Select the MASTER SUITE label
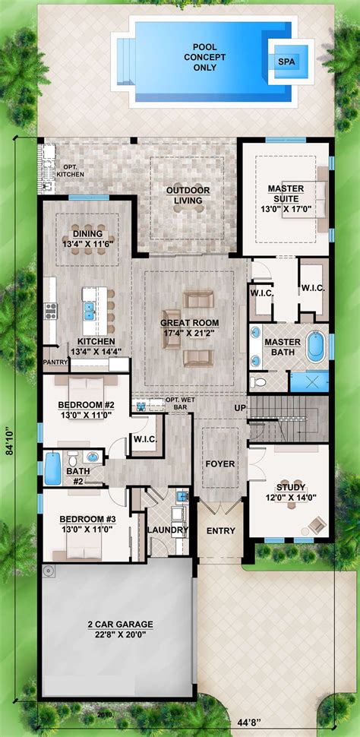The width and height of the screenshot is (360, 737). point(286,193)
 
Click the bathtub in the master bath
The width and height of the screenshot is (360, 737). point(314,346)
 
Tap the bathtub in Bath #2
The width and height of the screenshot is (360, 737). point(52,468)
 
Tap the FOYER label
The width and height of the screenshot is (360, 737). point(220,463)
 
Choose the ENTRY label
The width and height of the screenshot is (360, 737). point(220,530)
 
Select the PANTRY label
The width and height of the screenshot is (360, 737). point(55,363)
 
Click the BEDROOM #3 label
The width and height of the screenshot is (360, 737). point(87,525)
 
